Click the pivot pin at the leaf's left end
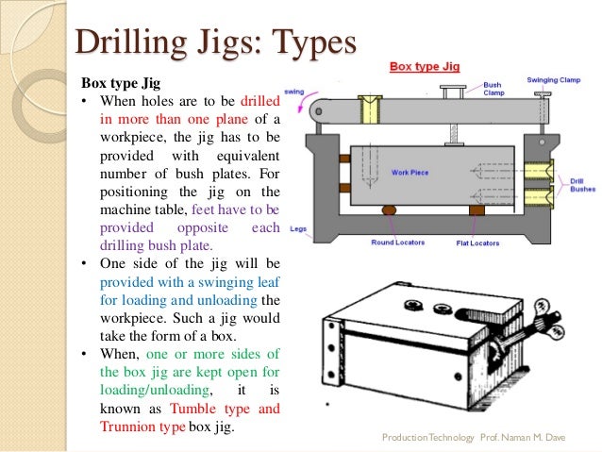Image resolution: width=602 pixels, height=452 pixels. pos(325,111)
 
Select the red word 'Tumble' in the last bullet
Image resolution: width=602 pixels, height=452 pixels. pos(199,409)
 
